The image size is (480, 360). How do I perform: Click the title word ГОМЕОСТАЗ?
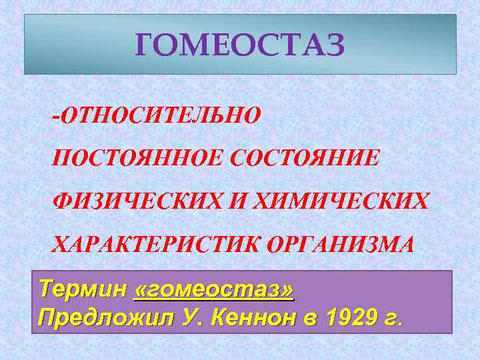[240, 45]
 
